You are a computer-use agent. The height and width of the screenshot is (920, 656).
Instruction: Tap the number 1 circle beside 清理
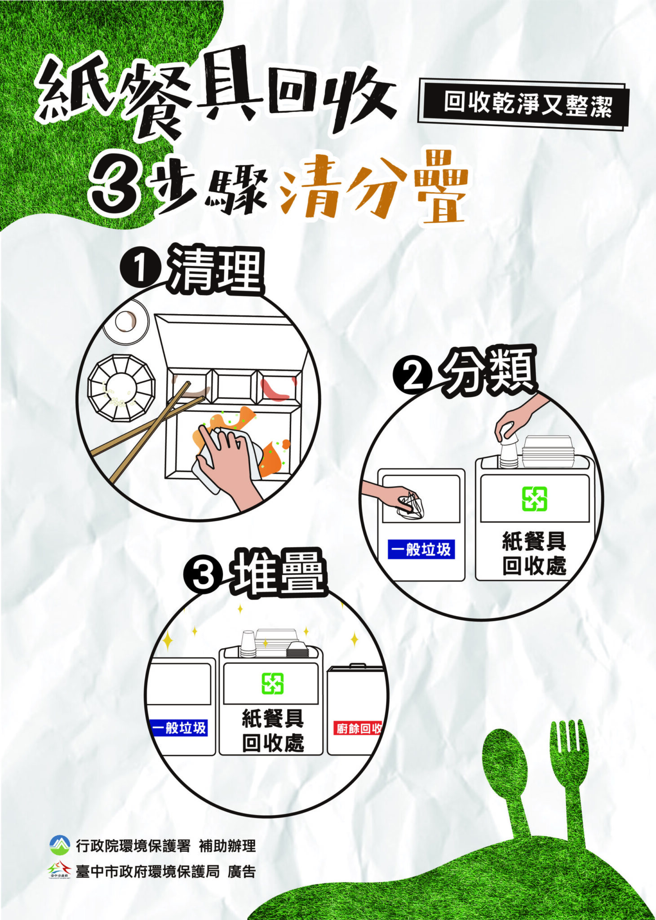141,269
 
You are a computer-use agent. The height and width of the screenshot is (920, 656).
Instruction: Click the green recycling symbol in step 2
534,499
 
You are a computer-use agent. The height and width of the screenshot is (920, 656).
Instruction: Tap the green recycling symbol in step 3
273,683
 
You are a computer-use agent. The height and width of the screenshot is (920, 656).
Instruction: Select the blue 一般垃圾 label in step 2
421,549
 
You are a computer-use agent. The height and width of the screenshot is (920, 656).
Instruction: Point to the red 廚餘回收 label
358,728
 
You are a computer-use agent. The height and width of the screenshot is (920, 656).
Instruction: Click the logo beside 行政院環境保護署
60,845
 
